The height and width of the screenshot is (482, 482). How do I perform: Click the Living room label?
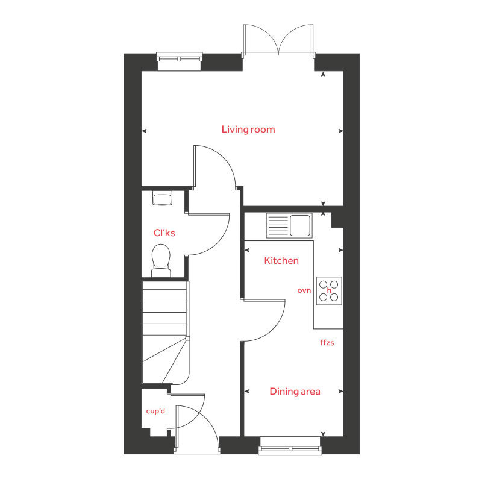[x=248, y=130]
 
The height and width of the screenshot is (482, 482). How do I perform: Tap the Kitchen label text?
[x=281, y=261]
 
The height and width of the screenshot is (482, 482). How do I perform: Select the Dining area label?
[x=295, y=392]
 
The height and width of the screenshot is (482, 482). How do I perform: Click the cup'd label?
[x=155, y=412]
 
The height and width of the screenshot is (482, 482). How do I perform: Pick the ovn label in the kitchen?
[x=304, y=290]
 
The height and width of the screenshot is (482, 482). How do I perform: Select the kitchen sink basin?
[x=301, y=226]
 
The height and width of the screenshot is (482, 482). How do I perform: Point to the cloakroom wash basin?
[x=162, y=198]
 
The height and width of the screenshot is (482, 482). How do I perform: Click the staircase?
[x=164, y=331]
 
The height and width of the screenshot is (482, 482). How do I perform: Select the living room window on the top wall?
[x=179, y=58]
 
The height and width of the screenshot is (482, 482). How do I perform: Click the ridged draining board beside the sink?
[x=278, y=226]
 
